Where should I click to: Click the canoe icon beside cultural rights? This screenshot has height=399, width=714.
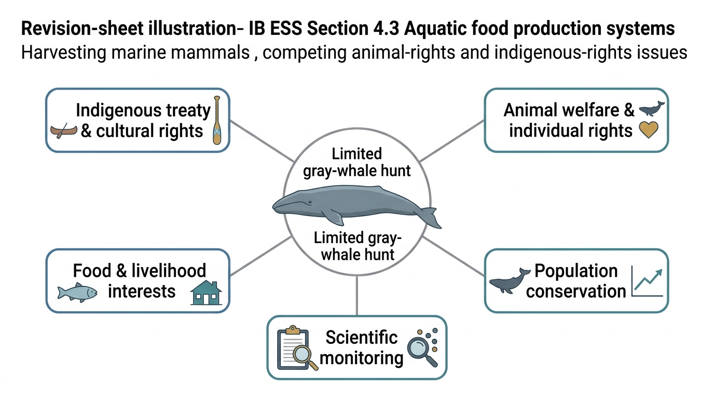coord(64,130)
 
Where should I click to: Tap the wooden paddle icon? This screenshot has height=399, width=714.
coord(217,120)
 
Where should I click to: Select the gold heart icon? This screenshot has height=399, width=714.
coord(649,130)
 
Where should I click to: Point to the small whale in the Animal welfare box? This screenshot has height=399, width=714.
coord(652,109)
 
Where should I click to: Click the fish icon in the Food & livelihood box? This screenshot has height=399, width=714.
coord(77,292)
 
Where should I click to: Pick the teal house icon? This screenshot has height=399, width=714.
coord(206,292)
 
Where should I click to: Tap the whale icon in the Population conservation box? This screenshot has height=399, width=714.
coord(510,281)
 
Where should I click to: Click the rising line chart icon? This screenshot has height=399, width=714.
coord(647,282)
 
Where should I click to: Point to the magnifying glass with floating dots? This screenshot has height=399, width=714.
coord(423,347)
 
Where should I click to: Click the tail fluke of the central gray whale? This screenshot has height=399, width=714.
coord(430,217)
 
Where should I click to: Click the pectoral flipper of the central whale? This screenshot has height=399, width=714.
coord(335,217)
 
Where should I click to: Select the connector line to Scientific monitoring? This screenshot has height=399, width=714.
coord(356,296)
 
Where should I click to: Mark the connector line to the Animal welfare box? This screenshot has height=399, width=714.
coord(452,141)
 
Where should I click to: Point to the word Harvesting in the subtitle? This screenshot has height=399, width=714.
coord(63,52)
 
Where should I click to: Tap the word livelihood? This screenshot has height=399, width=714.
coord(169,271)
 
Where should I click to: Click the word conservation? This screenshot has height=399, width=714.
coord(576,291)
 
